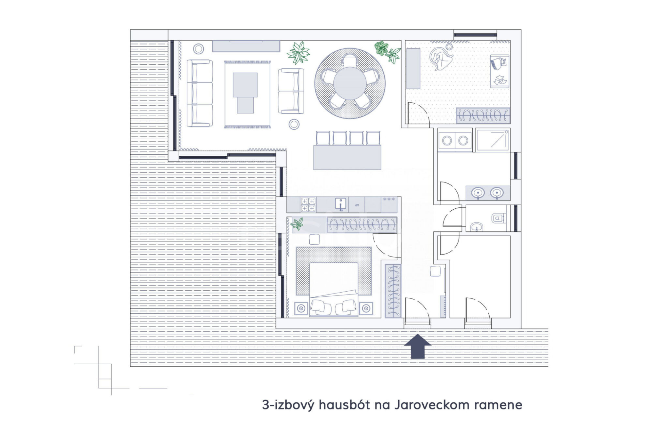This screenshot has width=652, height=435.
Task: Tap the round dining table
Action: [x=350, y=83]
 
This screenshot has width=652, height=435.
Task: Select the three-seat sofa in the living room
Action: [x=200, y=93]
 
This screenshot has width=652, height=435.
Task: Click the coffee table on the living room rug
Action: [x=245, y=93]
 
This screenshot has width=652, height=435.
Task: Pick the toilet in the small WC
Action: [x=499, y=218]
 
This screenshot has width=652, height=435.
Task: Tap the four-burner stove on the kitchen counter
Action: [x=308, y=205]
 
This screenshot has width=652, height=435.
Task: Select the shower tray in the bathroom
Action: [x=492, y=140]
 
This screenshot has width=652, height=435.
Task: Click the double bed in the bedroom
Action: [x=334, y=289]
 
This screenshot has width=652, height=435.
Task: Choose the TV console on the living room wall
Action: [x=246, y=46]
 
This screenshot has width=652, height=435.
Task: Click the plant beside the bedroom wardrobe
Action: [x=297, y=224]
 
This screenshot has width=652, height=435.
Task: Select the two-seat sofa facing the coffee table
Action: [x=291, y=91]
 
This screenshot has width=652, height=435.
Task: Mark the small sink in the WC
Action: [x=477, y=227]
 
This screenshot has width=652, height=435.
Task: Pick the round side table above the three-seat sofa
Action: [x=198, y=49]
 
